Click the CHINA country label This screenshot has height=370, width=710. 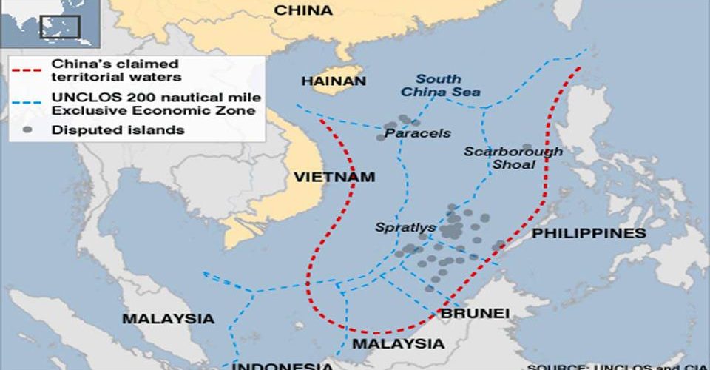tap(303, 10)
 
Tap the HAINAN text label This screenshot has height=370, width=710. tap(334, 81)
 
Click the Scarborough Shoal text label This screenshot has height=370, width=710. tap(513, 158)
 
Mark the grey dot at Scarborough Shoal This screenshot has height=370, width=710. tap(527, 148)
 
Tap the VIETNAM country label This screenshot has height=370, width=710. tap(334, 178)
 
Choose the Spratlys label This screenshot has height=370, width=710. tap(405, 227)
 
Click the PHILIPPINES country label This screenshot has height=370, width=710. tap(589, 233)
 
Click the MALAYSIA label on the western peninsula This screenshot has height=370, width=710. tap(168, 319)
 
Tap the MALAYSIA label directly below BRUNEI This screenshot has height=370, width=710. tap(398, 344)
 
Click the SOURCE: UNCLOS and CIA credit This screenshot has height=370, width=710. tap(618, 366)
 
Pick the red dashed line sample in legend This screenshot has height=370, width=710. tap(27, 72)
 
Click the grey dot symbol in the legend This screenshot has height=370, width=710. tap(27, 129)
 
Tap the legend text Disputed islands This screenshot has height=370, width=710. tap(118, 129)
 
